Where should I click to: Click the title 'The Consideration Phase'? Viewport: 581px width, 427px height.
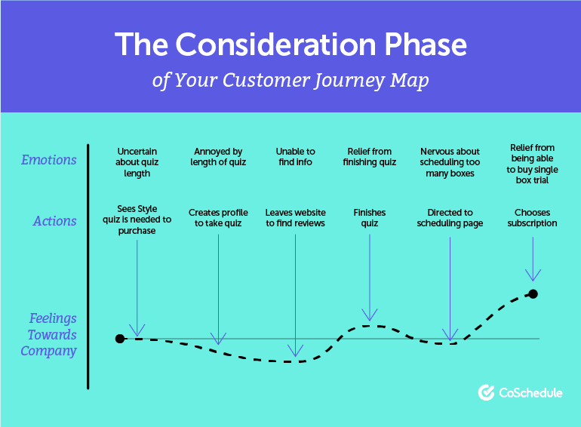[x=290, y=45]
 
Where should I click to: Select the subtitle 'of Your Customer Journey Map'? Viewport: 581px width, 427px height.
[x=290, y=80]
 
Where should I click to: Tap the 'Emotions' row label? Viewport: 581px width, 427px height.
[x=49, y=160]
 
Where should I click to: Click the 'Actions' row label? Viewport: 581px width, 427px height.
[x=54, y=221]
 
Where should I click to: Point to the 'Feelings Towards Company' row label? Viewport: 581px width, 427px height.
[x=50, y=334]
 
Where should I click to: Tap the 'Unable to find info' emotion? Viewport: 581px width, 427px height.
[x=295, y=157]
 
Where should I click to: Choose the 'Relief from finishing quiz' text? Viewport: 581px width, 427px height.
[x=369, y=157]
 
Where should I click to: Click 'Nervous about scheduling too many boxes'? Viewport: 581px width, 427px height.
[x=450, y=162]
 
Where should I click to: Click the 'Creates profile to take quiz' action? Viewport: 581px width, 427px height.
[x=218, y=218]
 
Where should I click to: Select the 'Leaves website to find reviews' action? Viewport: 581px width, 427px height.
[x=295, y=218]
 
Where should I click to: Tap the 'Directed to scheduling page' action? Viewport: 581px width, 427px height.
[x=450, y=218]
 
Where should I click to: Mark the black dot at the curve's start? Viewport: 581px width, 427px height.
[x=119, y=339]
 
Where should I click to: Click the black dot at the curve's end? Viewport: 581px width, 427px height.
[x=533, y=293]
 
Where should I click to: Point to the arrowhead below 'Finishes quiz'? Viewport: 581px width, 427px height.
[x=370, y=316]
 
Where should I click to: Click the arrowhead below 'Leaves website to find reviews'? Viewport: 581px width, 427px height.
[x=296, y=351]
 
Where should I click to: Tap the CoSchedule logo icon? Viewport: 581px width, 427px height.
[x=487, y=392]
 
